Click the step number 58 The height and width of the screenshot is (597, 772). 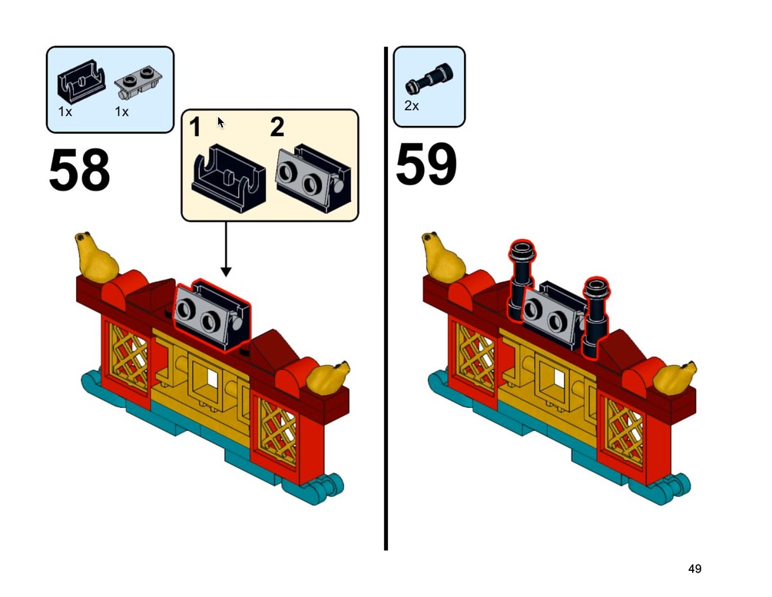pyautogui.click(x=79, y=170)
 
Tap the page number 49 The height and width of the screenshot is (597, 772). pyautogui.click(x=694, y=569)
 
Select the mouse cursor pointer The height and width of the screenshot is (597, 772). pyautogui.click(x=220, y=123)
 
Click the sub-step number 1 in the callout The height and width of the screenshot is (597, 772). pyautogui.click(x=195, y=127)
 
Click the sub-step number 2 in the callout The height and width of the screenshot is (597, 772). pyautogui.click(x=277, y=127)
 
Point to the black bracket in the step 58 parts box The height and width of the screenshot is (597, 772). pyautogui.click(x=81, y=81)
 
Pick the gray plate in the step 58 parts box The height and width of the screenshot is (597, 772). pyautogui.click(x=138, y=82)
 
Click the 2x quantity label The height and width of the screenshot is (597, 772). pyautogui.click(x=412, y=106)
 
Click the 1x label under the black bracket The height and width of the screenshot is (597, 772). pyautogui.click(x=65, y=112)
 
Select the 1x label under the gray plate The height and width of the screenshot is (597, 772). pyautogui.click(x=121, y=112)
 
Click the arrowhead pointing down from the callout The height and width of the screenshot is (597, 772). pyautogui.click(x=226, y=271)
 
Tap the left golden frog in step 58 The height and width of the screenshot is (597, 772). pyautogui.click(x=96, y=257)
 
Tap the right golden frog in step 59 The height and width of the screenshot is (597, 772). pyautogui.click(x=674, y=378)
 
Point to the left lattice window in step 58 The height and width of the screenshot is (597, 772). pyautogui.click(x=128, y=356)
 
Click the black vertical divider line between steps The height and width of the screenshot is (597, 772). pyautogui.click(x=386, y=298)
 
